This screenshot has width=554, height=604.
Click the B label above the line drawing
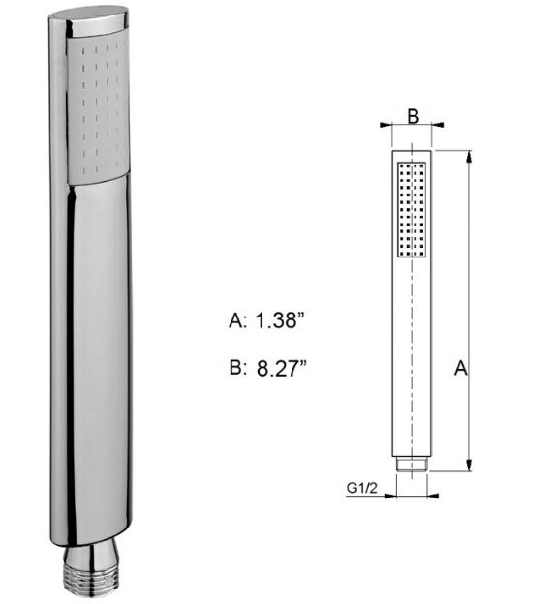tap(412, 117)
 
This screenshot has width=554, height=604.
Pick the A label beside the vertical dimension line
tap(461, 369)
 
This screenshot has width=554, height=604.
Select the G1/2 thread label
tap(362, 488)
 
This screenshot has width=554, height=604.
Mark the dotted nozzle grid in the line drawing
tap(412, 208)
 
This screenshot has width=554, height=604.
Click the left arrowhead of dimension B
tap(387, 124)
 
